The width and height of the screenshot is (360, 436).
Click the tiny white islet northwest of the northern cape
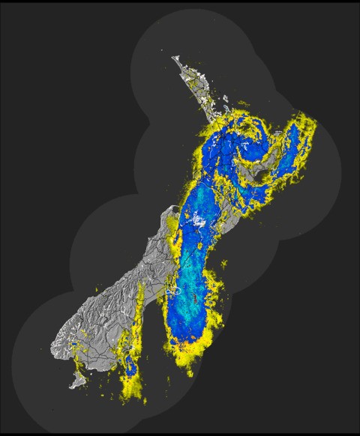pos(162,50)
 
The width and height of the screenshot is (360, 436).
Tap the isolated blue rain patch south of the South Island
pos(130,366)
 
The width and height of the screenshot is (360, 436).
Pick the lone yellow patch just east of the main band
pos(222,264)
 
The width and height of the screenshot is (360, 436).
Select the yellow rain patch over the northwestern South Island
pos(174,225)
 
